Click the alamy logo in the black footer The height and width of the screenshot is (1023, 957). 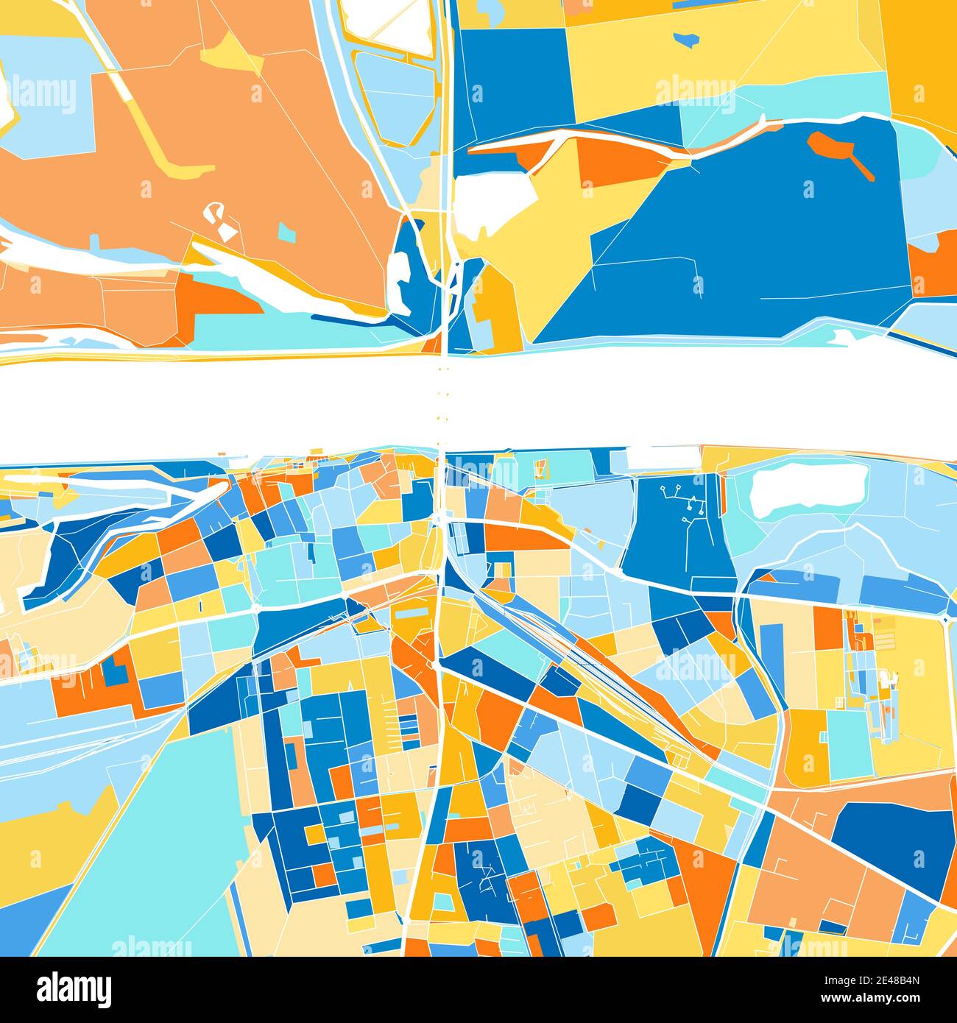pyautogui.click(x=74, y=988)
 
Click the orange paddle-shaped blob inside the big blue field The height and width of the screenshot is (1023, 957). pyautogui.click(x=839, y=150)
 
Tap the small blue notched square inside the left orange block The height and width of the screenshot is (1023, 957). pyautogui.click(x=115, y=670)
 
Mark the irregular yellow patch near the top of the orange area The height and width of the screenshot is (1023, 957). pyautogui.click(x=232, y=55)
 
